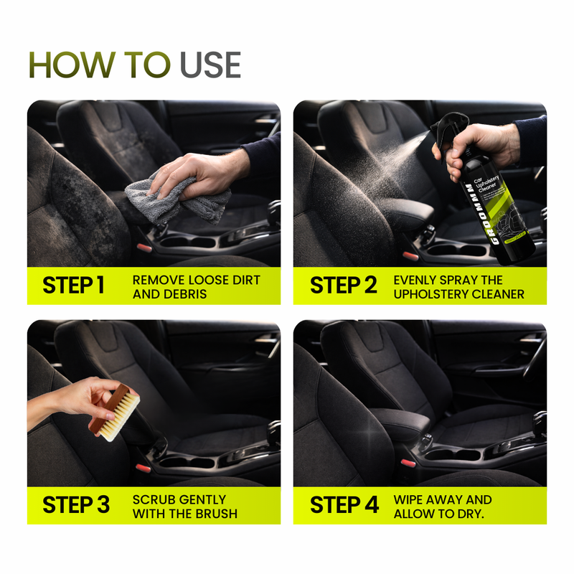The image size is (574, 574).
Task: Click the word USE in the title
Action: [x=210, y=65]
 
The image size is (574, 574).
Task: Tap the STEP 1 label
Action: [x=73, y=285]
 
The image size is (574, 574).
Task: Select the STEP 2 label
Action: [x=343, y=285]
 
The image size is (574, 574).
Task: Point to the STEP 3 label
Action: [x=76, y=504]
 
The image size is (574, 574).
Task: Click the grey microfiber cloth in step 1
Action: [x=172, y=197]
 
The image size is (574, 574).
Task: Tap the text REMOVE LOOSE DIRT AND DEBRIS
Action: [x=196, y=286]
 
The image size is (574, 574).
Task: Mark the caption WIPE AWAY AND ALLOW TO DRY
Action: [x=443, y=505]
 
